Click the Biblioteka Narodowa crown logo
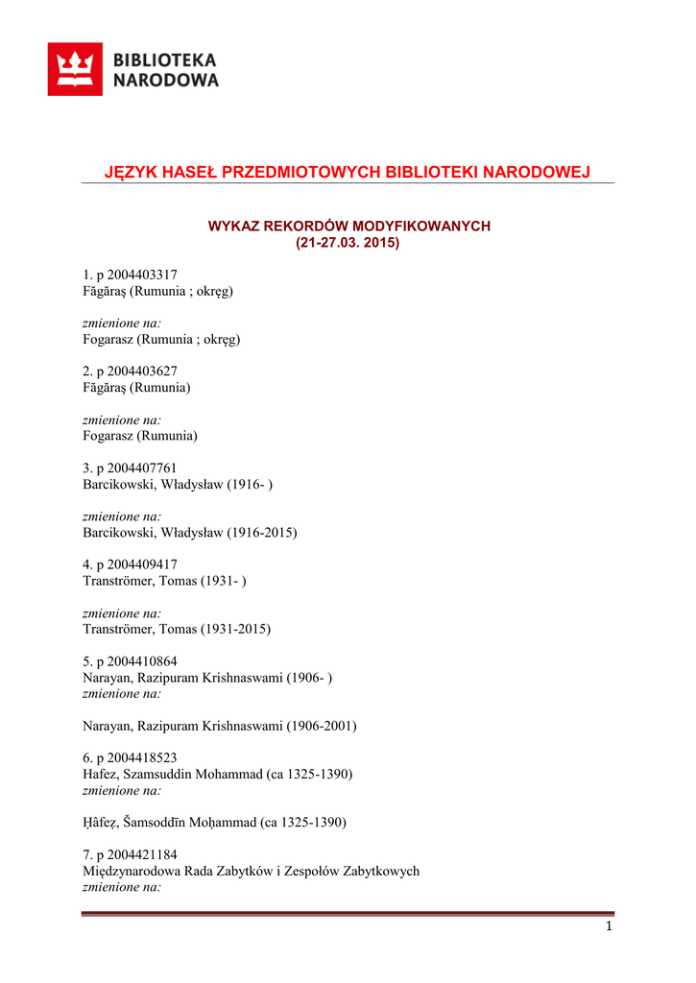pos(75,69)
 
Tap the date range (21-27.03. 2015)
pos(348,243)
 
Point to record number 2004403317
pos(142,275)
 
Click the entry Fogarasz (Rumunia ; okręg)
pos(161,339)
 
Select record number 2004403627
pos(142,372)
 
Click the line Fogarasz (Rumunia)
pos(140,436)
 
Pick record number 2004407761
pos(142,468)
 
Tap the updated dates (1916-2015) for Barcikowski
pos(262,532)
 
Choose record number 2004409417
pos(142,564)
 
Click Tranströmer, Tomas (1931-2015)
pos(177,629)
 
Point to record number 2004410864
pos(142,661)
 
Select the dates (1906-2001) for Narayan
pos(322,726)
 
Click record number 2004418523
pos(142,758)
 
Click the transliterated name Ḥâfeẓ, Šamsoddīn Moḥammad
pos(170,823)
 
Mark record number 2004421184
pos(142,855)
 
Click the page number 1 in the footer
pos(609,926)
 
